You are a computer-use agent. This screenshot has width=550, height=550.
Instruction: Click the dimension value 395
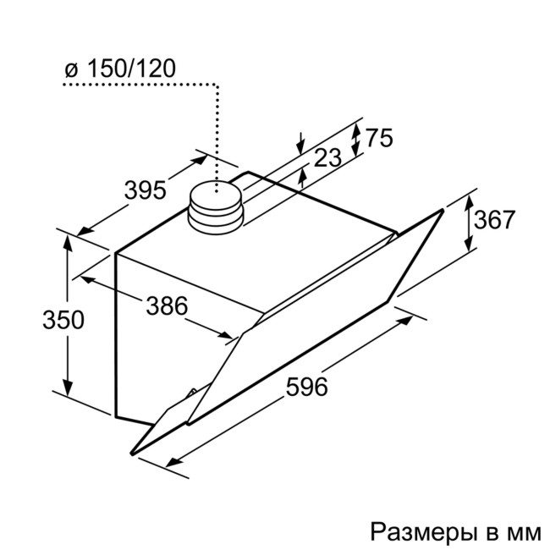coord(143,190)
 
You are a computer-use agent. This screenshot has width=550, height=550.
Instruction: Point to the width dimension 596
coord(305,388)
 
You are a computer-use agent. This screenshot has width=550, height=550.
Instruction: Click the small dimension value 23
coord(328,157)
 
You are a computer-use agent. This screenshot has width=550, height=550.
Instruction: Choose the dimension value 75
coord(380,138)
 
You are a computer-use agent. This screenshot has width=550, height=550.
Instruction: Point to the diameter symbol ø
coord(71,70)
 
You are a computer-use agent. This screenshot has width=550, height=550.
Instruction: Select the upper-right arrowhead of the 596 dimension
coord(409,320)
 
